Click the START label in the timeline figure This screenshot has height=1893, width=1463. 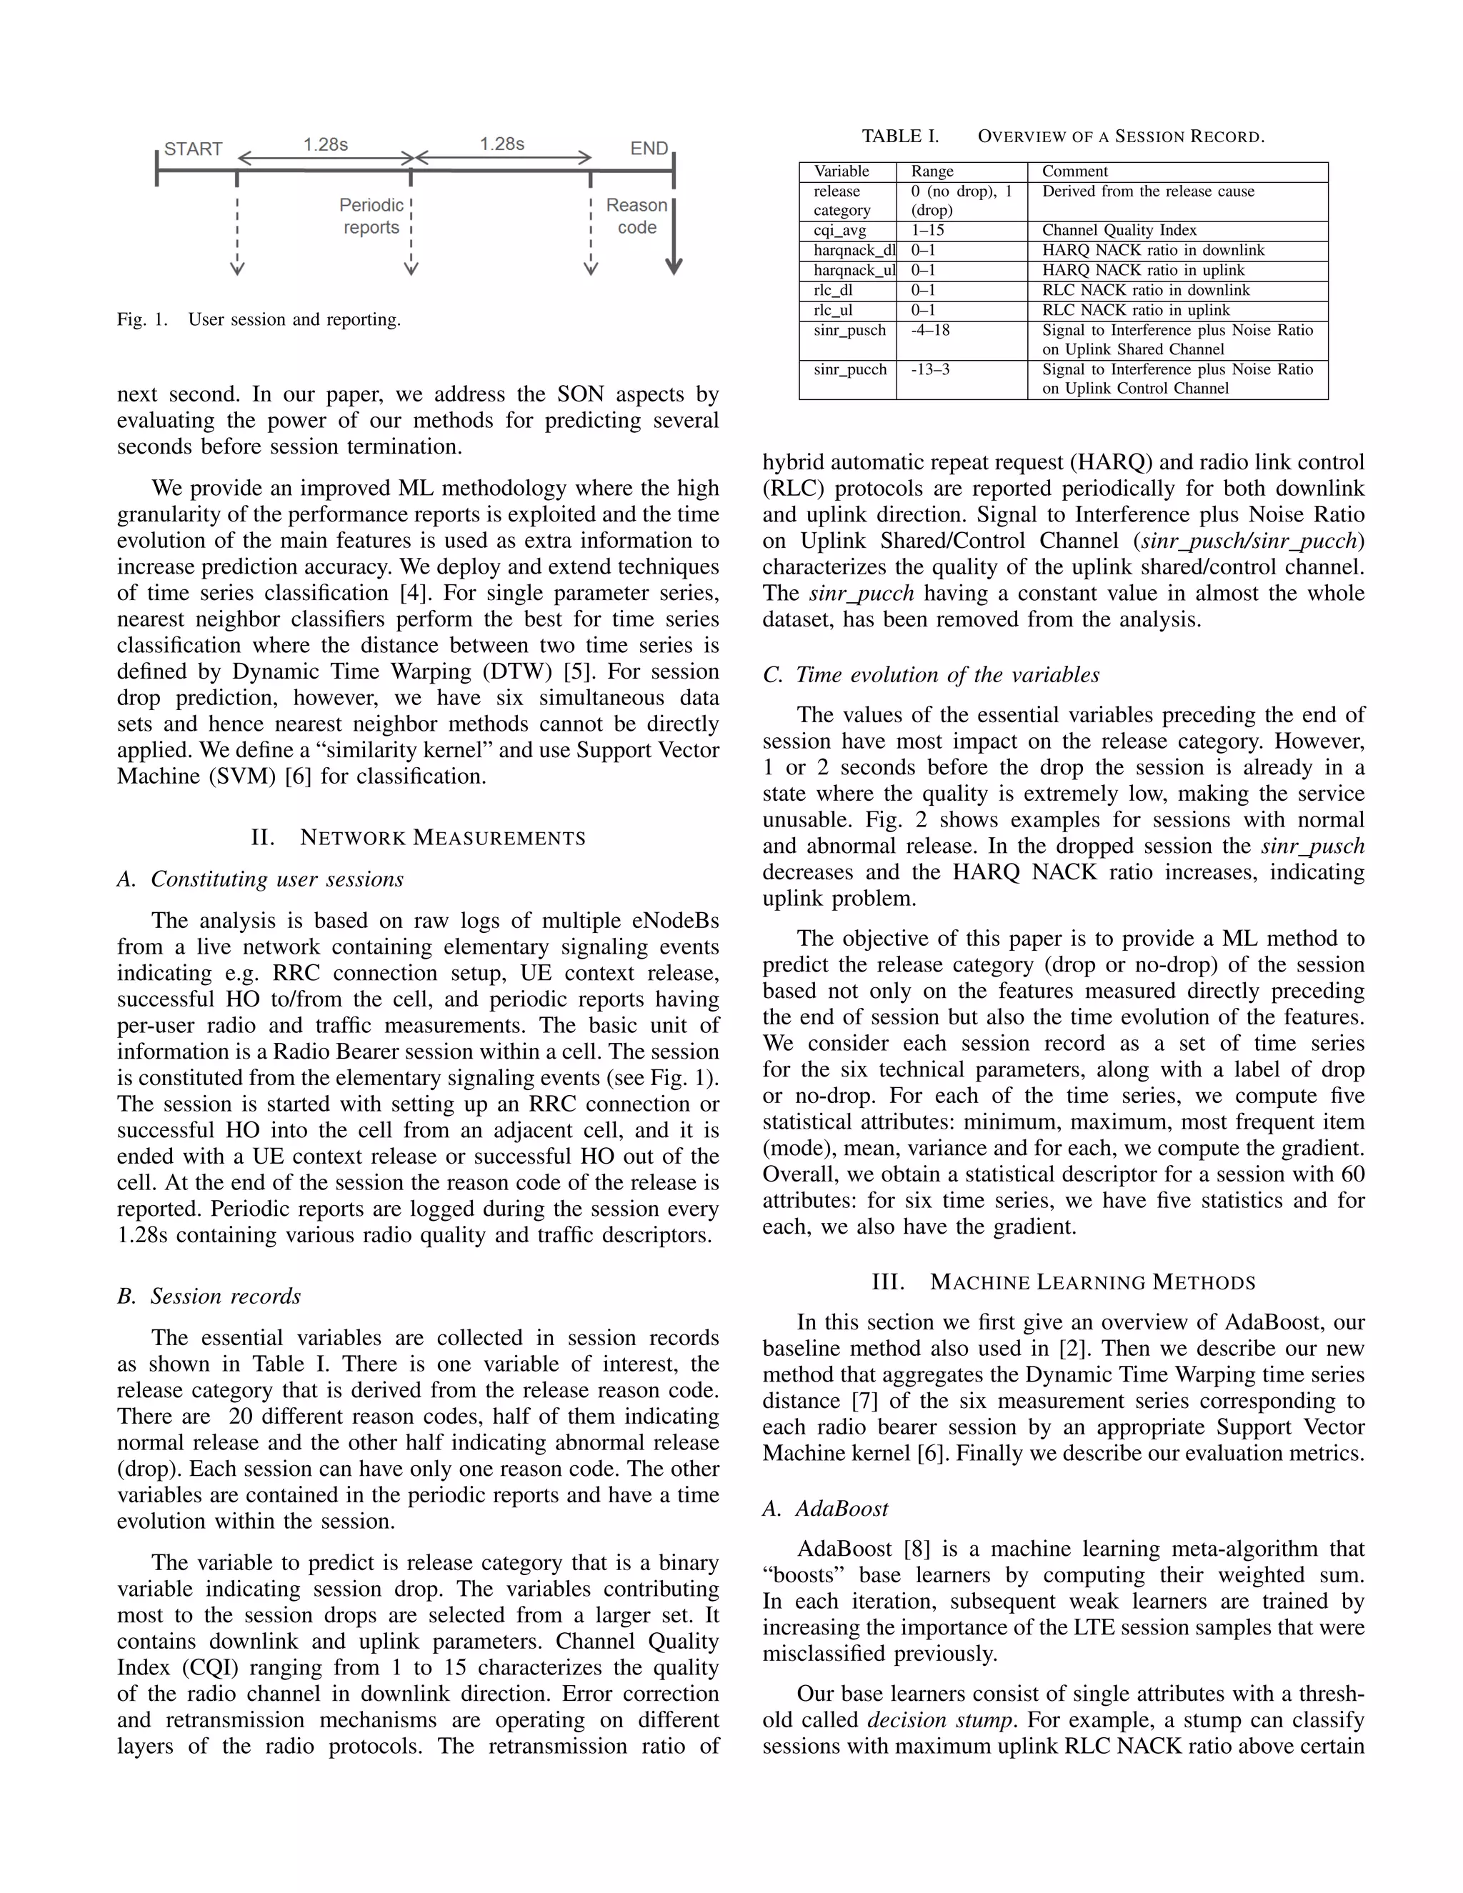coord(194,149)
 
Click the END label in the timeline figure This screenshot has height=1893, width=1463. coord(649,149)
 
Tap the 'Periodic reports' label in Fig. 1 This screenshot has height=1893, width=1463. coord(371,216)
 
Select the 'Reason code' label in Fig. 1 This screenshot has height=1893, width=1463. coord(637,216)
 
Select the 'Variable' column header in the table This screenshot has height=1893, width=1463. coord(841,171)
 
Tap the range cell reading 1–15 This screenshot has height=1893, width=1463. coord(927,231)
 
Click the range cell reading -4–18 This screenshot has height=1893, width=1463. coord(930,330)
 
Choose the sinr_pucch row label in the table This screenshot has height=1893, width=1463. coord(849,370)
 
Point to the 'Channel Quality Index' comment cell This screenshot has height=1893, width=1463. coord(1119,231)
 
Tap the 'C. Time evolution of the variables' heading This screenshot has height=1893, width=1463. coord(931,674)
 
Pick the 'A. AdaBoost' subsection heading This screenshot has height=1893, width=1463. coord(825,1508)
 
